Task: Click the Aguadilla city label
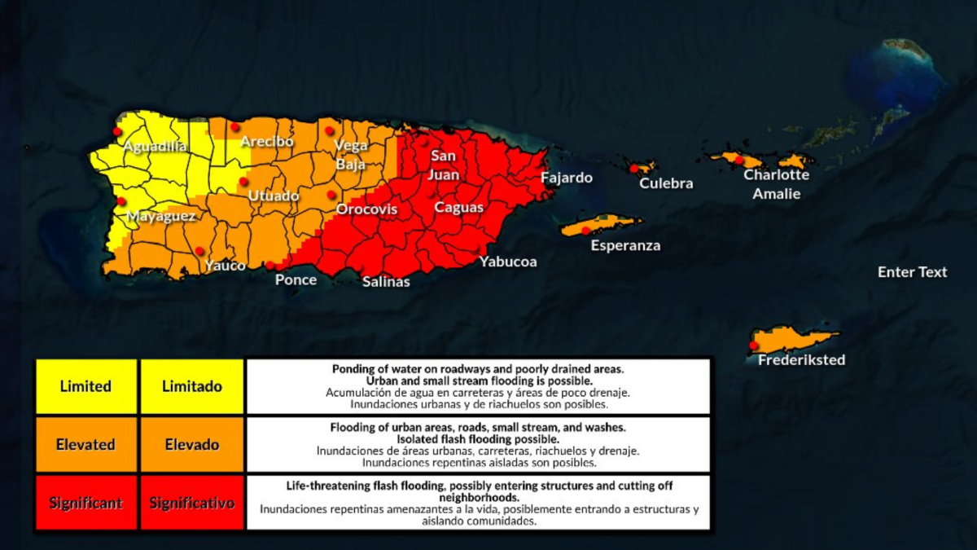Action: [x=155, y=147]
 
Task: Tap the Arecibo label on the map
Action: [x=267, y=142]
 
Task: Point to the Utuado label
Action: [x=274, y=196]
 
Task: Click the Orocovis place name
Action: [x=367, y=210]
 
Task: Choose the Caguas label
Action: [x=458, y=208]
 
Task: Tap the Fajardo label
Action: [x=567, y=178]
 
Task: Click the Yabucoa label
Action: [x=508, y=262]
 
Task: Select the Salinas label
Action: [x=386, y=282]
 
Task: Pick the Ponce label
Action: [x=296, y=280]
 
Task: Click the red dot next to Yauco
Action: [x=199, y=251]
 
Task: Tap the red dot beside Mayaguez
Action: [x=121, y=201]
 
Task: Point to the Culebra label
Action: [x=666, y=183]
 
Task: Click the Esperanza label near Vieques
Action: [x=625, y=245]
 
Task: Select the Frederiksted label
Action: [x=801, y=359]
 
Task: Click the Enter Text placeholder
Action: [x=912, y=272]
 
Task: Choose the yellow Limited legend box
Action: [x=85, y=386]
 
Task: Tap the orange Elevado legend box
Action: [x=191, y=445]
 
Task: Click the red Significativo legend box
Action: [x=191, y=503]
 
